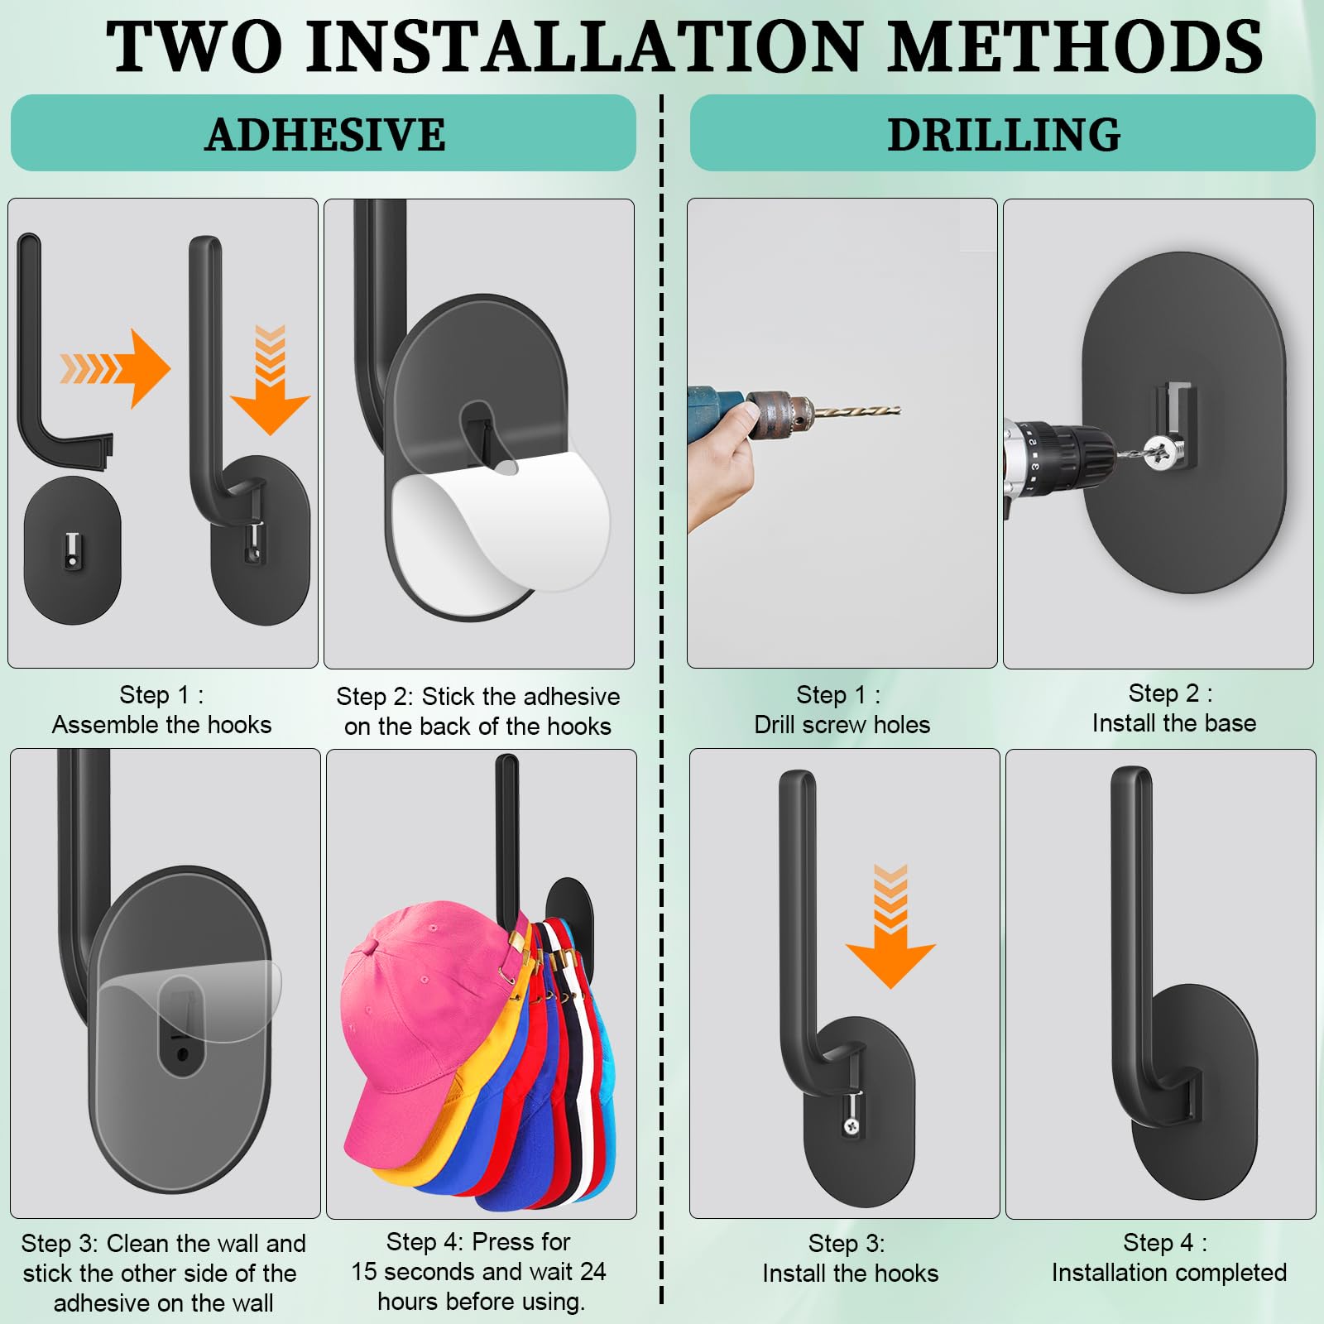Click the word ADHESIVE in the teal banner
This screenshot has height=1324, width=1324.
325,134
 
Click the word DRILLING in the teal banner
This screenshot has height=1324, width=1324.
1004,134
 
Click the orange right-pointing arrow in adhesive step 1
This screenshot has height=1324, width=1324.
115,368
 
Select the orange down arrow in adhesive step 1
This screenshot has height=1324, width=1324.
270,380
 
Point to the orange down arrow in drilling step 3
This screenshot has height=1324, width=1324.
890,926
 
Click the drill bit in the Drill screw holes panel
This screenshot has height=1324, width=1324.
856,410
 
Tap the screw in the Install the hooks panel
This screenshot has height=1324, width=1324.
850,1126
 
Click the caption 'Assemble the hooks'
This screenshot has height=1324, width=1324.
162,725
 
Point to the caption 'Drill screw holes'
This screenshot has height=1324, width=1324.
842,725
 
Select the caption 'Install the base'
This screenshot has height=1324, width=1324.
1174,723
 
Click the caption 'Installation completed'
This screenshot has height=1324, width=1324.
1169,1273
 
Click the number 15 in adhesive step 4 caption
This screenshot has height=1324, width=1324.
365,1271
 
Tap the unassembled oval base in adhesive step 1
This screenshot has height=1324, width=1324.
73,550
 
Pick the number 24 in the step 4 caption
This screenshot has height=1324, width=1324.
592,1271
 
